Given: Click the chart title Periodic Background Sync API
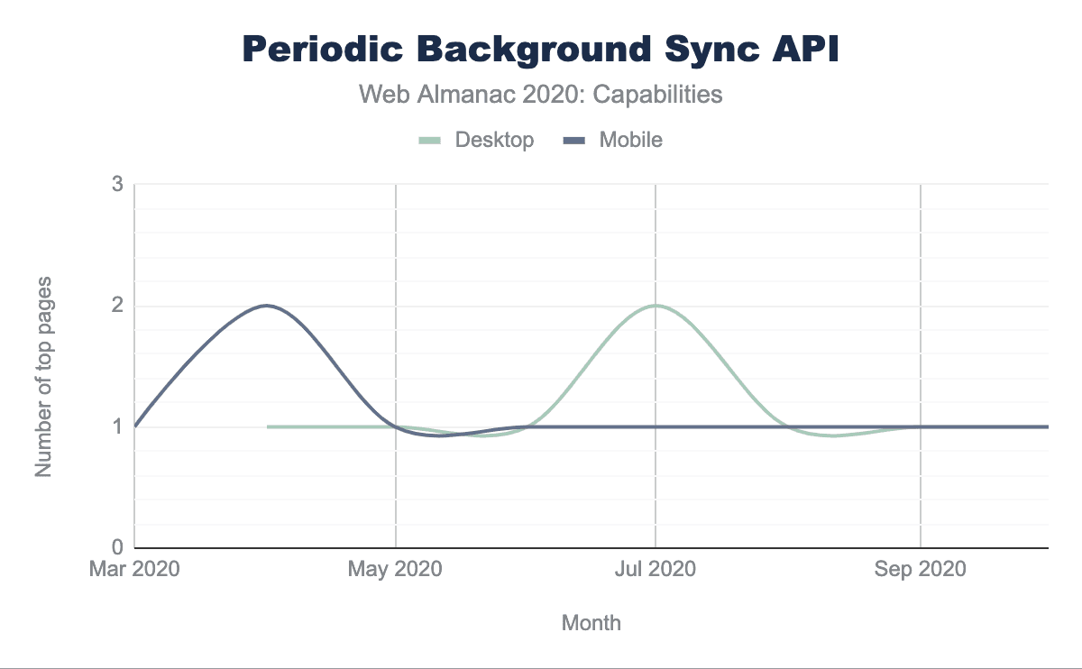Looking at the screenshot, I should tap(541, 50).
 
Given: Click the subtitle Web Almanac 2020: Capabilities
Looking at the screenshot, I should tap(541, 94).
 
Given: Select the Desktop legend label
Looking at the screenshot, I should tap(494, 140).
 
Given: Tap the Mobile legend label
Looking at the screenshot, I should tap(631, 140).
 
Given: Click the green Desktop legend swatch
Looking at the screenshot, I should tap(430, 141).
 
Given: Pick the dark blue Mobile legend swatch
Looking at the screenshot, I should tap(574, 141).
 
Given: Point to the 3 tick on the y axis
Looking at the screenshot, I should tap(117, 185).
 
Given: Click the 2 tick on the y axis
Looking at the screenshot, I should tap(117, 306).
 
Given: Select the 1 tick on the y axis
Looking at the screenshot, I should tap(117, 426).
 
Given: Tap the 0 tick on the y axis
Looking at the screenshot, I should tap(117, 547).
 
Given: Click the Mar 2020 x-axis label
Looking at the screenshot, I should tap(134, 569).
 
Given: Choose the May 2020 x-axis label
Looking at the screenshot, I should tap(396, 569).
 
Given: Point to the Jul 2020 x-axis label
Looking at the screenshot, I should tap(656, 569).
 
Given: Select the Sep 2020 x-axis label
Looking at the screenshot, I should tap(920, 569).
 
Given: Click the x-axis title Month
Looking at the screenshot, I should tap(591, 622).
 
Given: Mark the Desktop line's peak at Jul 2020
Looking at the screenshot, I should tap(656, 306).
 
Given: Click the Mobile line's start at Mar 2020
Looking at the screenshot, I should tap(135, 426).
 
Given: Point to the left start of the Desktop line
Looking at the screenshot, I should tap(269, 426).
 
